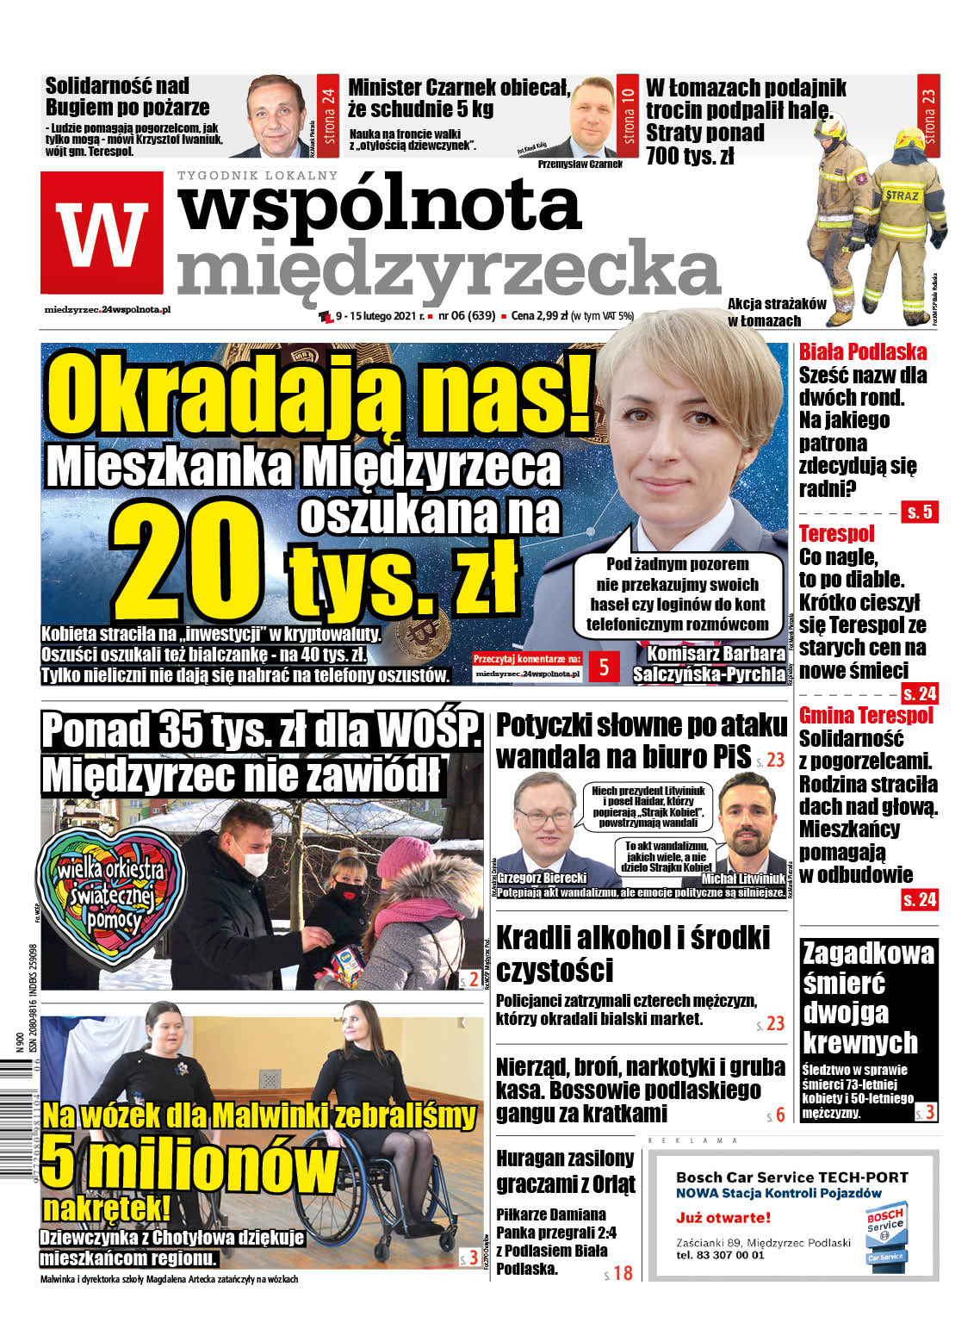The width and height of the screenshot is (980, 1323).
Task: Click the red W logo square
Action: (x=102, y=233)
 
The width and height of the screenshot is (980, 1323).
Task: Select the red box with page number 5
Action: (x=604, y=667)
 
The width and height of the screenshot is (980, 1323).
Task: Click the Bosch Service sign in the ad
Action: (x=884, y=1233)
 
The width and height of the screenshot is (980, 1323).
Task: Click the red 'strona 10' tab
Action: (x=628, y=115)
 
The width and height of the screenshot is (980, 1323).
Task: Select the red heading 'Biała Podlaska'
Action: (x=863, y=351)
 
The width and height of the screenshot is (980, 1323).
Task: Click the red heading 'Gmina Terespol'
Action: (x=865, y=716)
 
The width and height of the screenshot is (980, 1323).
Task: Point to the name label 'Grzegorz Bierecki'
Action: (x=542, y=878)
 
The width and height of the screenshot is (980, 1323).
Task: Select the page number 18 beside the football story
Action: (x=623, y=1273)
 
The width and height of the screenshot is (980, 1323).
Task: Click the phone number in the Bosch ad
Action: (x=720, y=1255)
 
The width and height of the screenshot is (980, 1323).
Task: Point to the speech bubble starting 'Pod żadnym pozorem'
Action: (x=678, y=593)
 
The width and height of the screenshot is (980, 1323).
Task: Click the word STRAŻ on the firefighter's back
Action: (x=902, y=196)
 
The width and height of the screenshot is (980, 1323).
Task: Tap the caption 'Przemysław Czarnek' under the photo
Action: (x=580, y=164)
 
